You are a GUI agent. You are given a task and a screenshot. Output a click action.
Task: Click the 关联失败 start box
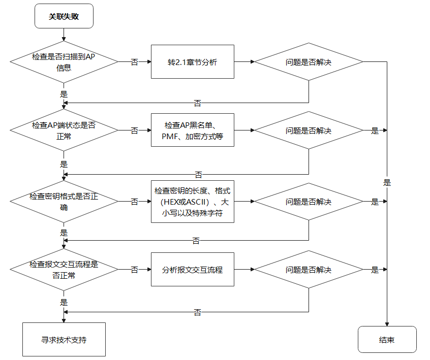coord(64,16)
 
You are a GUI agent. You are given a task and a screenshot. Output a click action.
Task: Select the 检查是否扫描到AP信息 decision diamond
coord(64,62)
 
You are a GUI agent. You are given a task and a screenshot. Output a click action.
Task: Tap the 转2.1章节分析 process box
coord(193,62)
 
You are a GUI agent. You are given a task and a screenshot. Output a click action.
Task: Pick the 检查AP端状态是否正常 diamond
coord(64,130)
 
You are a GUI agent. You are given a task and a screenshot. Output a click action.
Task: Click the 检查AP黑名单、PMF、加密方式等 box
coord(193,130)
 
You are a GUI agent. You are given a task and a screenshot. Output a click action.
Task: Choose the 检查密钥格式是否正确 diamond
coord(64,202)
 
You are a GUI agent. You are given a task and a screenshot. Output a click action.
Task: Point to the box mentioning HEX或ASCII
coord(193,202)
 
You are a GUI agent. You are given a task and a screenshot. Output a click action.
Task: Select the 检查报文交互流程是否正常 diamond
coord(64,270)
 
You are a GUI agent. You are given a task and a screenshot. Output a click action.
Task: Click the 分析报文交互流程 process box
coord(193,270)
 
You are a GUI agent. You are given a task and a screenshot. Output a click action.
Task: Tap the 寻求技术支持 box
coord(64,340)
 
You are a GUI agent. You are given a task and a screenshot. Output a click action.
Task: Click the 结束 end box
coord(387,340)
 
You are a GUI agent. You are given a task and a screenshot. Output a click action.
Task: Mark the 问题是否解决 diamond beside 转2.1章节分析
coord(309,62)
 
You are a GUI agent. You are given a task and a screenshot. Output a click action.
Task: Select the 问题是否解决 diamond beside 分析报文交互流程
coord(309,270)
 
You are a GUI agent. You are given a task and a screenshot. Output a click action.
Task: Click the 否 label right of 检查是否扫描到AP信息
coord(134,62)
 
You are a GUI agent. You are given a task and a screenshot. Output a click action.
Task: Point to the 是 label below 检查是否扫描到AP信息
coord(64,94)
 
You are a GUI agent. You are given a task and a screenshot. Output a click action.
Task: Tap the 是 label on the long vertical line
coord(387,183)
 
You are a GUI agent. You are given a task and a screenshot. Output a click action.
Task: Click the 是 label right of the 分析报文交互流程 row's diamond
coord(375,270)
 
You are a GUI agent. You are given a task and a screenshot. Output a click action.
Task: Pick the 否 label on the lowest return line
coord(197,312)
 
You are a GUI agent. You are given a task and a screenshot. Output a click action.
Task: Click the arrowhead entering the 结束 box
coord(387,324)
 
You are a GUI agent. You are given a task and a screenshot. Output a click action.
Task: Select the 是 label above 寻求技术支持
coord(64,303)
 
